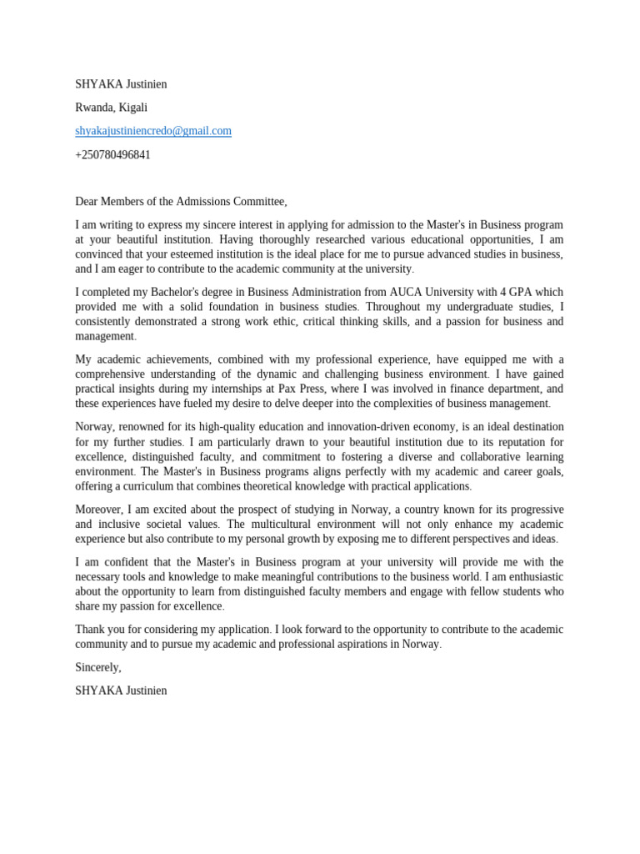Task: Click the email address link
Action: click(x=153, y=131)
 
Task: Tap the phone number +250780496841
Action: click(x=112, y=155)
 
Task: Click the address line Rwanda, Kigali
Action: click(x=111, y=108)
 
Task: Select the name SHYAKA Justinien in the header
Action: click(x=121, y=84)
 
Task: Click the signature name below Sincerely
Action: click(x=121, y=691)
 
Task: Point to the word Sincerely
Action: click(x=97, y=667)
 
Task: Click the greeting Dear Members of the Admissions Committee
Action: click(x=181, y=202)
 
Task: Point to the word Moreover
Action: click(x=98, y=510)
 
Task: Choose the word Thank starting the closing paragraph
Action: click(x=91, y=630)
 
